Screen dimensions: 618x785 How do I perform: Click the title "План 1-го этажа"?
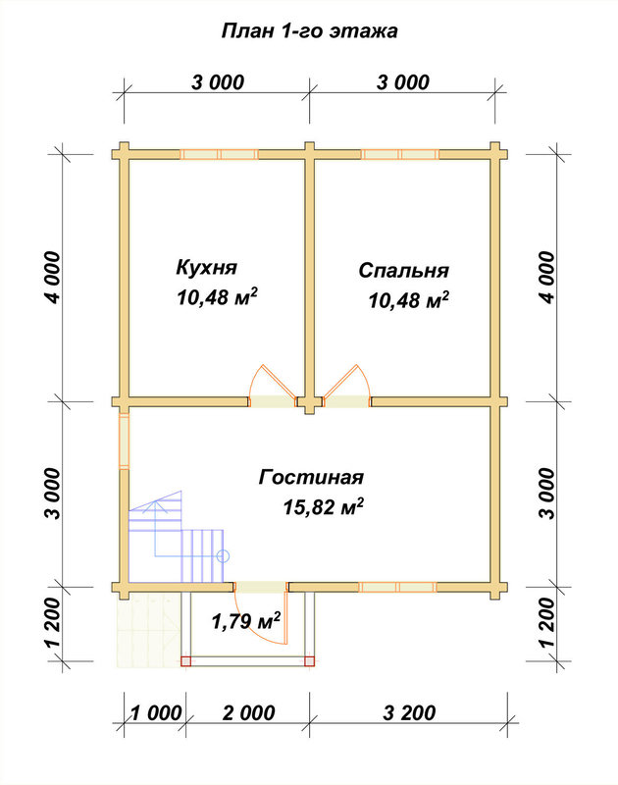pos(309,31)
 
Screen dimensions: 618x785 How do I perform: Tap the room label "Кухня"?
pos(206,267)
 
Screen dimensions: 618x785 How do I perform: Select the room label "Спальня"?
pos(403,271)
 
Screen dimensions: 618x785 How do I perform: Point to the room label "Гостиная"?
pos(311,477)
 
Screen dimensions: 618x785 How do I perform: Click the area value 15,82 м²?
pos(323,506)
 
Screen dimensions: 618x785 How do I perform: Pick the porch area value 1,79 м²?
pos(245,621)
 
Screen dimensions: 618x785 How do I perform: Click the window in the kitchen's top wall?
pos(219,154)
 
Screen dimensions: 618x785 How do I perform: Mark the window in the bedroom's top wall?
pos(400,154)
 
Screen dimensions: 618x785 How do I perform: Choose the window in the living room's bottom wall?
pos(397,587)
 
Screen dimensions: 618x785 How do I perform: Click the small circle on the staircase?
pos(224,555)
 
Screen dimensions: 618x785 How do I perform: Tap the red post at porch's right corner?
pos(310,661)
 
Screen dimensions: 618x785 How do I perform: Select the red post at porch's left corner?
pos(186,661)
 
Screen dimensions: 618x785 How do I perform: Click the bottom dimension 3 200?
pos(409,713)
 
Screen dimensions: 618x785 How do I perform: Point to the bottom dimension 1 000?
pos(156,713)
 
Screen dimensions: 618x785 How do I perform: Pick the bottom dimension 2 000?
pos(249,713)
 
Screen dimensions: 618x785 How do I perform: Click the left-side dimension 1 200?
pos(53,623)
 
